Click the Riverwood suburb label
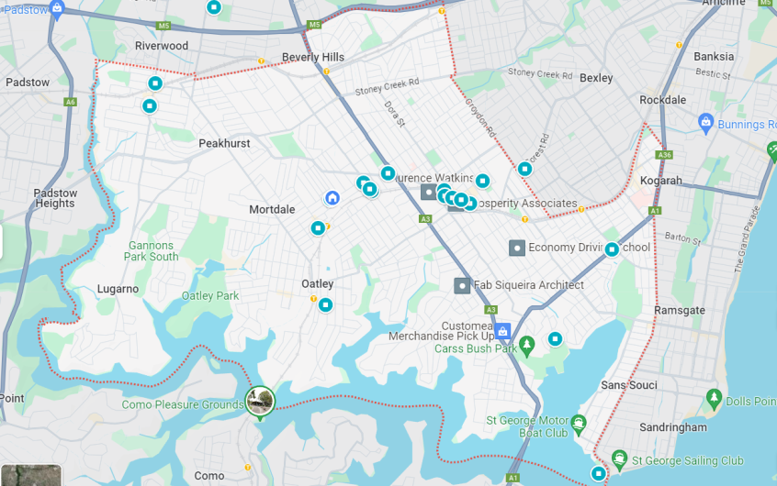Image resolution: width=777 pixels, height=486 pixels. click(161, 46)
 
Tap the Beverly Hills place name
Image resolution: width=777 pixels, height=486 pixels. click(313, 57)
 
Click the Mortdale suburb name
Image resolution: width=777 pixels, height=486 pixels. click(272, 209)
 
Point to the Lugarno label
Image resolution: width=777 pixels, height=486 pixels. click(118, 289)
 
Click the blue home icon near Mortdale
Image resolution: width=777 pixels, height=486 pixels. click(332, 198)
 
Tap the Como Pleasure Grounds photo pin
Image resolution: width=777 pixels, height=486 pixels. click(260, 401)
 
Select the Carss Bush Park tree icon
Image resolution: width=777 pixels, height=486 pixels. click(526, 346)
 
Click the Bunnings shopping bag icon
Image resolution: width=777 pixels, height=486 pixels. click(705, 122)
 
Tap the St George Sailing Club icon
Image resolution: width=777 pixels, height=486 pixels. click(620, 459)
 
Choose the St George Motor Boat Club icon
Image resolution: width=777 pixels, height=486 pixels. click(578, 424)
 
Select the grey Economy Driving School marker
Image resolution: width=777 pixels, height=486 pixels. click(517, 248)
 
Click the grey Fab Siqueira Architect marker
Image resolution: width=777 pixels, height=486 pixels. click(462, 285)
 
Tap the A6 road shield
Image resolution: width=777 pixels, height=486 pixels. click(71, 102)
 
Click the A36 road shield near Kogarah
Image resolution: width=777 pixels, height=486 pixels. click(665, 155)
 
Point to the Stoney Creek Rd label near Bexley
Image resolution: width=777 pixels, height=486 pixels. click(539, 73)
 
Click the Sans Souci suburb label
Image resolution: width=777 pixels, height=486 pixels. click(628, 385)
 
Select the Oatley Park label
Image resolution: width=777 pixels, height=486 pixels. click(210, 296)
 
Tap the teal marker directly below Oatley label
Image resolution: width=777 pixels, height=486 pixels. click(325, 304)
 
